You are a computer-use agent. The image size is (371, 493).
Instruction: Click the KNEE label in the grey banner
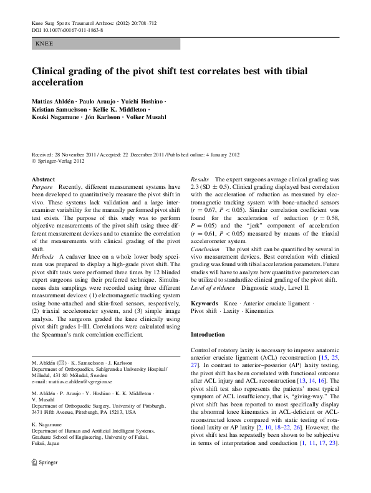[46, 44]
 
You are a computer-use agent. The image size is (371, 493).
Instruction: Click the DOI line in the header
[67, 30]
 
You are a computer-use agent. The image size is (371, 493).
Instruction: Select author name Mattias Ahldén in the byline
[54, 100]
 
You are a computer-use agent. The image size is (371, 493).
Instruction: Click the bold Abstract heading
[42, 179]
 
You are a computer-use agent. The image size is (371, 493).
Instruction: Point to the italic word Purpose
[42, 187]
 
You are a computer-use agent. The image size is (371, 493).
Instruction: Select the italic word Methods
[43, 257]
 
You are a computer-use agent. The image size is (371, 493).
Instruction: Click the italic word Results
[200, 179]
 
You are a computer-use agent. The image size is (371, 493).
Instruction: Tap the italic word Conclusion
[205, 249]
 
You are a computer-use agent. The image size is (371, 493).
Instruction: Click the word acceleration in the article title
[57, 82]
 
